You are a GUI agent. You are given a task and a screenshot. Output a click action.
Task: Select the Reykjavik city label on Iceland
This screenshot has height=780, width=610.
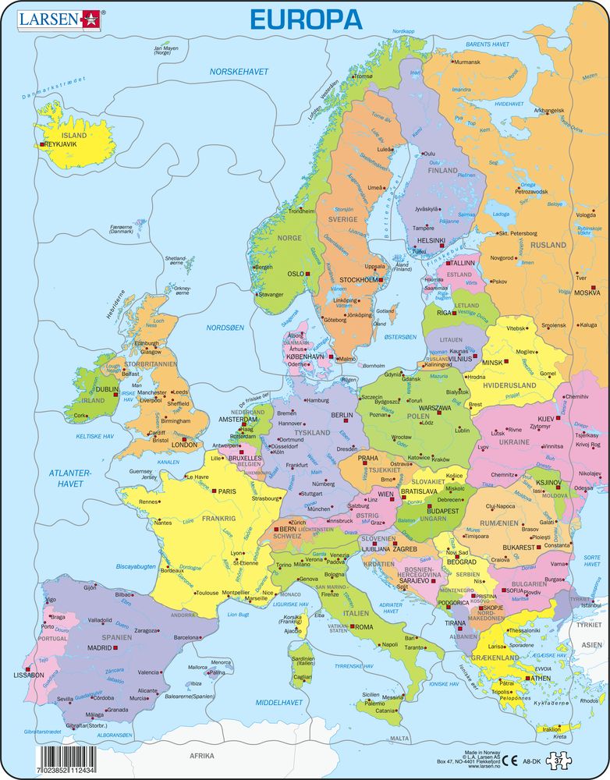(x=66, y=144)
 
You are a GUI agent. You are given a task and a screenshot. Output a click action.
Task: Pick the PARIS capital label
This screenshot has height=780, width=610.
(x=227, y=491)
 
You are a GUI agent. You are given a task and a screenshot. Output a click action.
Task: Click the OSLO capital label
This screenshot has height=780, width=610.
(x=296, y=275)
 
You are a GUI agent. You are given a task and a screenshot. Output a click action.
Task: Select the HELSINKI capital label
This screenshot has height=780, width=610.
(x=431, y=240)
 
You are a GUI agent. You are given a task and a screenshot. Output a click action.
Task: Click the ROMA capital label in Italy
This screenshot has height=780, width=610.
(x=364, y=626)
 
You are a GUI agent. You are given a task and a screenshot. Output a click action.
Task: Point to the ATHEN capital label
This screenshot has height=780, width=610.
(x=542, y=678)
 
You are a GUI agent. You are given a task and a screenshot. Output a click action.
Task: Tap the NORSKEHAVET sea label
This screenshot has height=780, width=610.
(x=239, y=71)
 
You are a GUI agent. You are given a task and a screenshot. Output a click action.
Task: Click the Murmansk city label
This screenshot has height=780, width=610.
(x=468, y=62)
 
